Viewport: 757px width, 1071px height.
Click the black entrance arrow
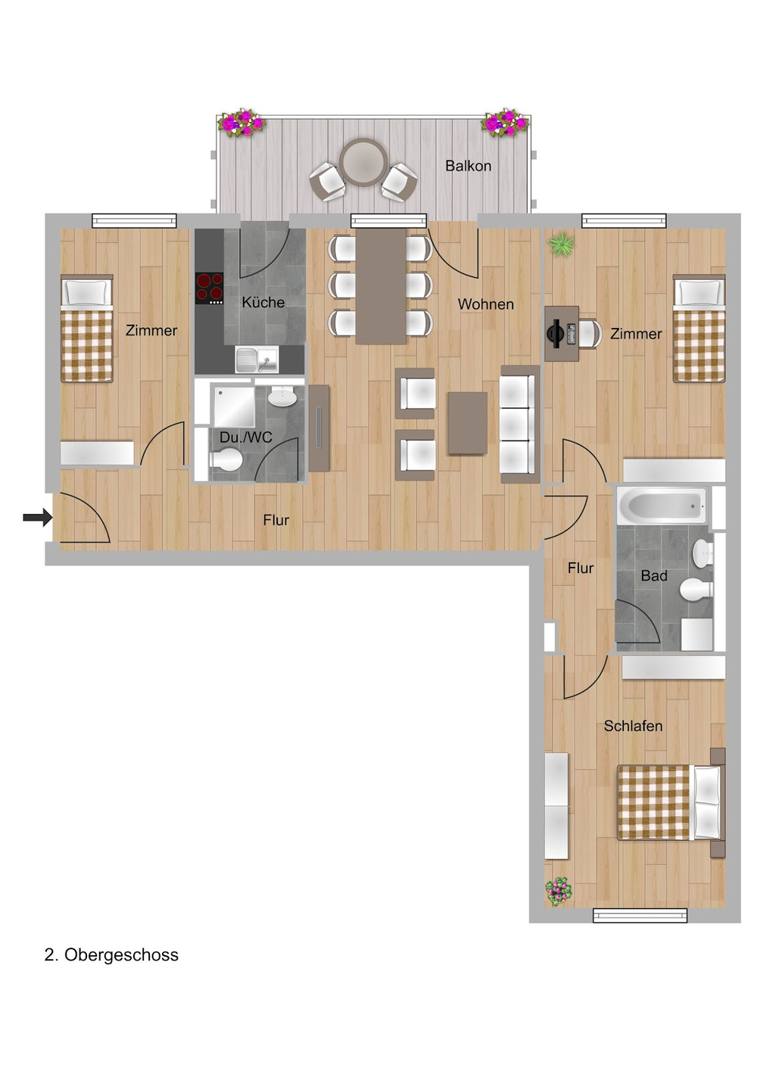38,517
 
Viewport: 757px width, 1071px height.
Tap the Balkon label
468,166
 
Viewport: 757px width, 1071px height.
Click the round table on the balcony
363,163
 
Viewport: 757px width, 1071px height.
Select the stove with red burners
209,288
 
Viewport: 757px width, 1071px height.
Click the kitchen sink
257,360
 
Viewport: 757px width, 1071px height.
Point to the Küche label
263,302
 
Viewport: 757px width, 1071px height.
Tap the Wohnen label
486,304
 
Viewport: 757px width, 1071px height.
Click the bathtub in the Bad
662,505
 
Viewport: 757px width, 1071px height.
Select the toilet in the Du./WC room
226,460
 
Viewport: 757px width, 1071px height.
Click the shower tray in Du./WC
234,406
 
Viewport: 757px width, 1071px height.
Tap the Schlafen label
633,726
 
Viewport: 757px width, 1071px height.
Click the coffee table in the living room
468,422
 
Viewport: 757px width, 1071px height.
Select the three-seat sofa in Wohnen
520,424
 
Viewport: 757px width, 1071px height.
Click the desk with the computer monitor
562,334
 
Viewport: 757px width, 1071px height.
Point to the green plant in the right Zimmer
562,244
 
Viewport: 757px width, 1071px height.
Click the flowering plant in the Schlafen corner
559,891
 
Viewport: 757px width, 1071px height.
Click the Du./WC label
246,437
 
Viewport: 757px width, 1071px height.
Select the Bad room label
654,576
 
